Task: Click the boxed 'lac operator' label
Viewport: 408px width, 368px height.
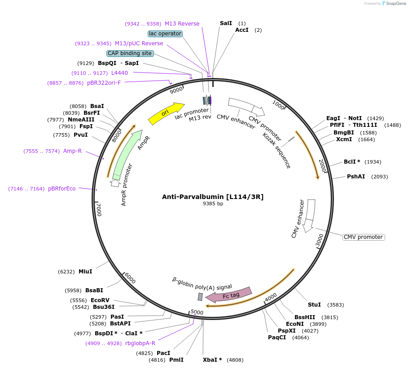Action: (165, 34)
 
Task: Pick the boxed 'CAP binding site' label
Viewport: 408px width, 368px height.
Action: (130, 53)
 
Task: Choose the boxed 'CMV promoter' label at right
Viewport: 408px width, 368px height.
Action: (364, 237)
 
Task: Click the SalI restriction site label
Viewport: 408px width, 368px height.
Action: (226, 23)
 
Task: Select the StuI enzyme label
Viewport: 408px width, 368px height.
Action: (314, 305)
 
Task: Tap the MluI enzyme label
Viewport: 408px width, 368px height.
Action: (85, 272)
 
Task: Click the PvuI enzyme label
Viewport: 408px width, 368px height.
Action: (80, 135)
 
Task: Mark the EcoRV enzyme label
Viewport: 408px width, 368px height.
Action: (100, 300)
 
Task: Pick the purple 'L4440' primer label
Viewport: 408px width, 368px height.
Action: (119, 73)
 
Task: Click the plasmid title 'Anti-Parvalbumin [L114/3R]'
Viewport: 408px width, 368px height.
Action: (213, 196)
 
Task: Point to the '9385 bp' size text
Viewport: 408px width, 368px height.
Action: (213, 204)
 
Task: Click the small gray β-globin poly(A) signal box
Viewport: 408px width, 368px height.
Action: (200, 297)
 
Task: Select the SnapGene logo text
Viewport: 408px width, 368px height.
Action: (395, 4)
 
